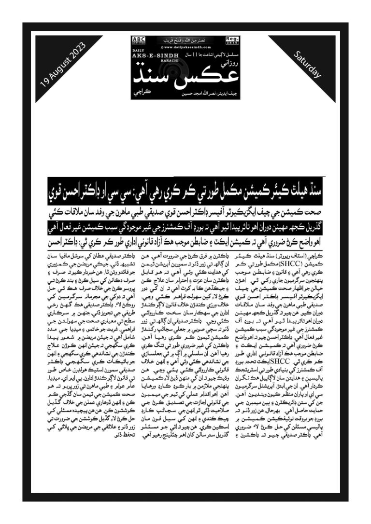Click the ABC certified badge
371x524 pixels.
pos(139,40)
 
